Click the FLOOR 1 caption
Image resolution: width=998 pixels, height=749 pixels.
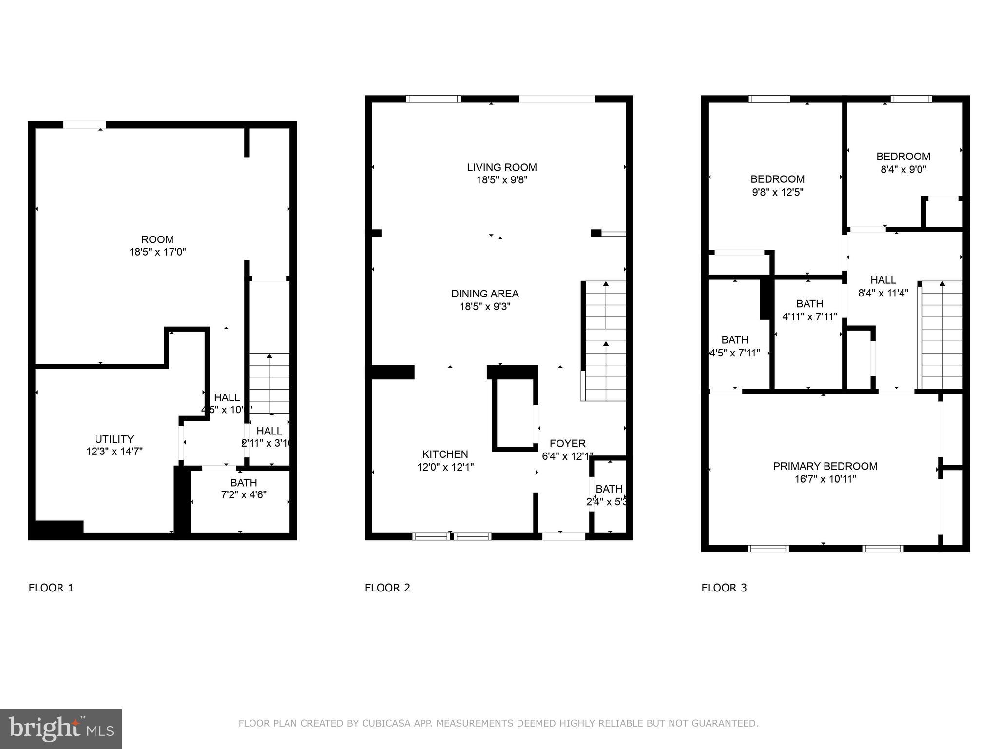51,588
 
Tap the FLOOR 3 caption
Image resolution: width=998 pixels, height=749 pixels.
724,588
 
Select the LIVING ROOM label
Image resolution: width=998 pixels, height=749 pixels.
501,167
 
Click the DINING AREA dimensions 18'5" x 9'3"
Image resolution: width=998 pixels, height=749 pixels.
485,307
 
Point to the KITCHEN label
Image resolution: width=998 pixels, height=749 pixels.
445,454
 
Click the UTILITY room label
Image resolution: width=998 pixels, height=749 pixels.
114,439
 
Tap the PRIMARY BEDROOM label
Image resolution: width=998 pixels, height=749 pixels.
825,466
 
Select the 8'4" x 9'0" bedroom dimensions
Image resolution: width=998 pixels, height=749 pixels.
903,170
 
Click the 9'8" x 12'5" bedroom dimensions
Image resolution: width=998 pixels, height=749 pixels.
777,192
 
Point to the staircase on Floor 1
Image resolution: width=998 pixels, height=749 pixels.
269,383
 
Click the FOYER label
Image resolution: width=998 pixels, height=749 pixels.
567,443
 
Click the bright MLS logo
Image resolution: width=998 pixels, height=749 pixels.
61,729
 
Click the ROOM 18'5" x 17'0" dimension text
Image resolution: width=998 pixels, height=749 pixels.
157,252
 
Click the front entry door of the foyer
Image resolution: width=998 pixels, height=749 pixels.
563,536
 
